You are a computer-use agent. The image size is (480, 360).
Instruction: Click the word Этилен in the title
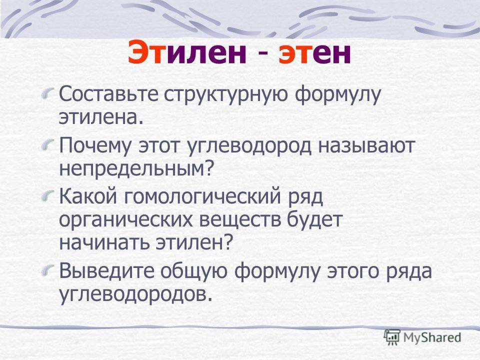click(187, 53)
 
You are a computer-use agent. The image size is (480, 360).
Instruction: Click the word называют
click(366, 146)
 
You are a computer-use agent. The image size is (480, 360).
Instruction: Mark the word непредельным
click(135, 168)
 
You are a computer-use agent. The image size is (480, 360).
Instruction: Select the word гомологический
click(202, 197)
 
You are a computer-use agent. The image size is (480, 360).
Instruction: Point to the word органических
click(126, 220)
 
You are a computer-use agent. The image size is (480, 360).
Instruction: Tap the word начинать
click(104, 242)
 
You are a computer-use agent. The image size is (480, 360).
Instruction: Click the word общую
click(194, 272)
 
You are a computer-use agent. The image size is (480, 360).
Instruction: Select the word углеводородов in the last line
click(135, 294)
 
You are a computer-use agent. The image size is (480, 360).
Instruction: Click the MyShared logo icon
click(392, 337)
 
